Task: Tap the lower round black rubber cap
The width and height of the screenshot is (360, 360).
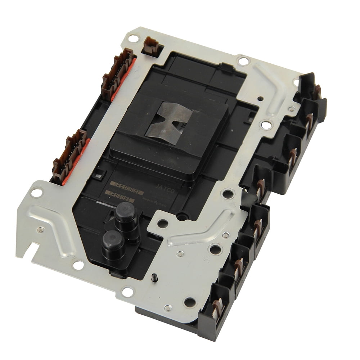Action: tap(113, 240)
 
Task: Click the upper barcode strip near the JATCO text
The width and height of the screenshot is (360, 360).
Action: tap(126, 187)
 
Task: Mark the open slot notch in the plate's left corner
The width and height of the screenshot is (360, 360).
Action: tap(35, 248)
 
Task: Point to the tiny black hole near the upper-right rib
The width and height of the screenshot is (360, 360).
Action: tap(260, 98)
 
